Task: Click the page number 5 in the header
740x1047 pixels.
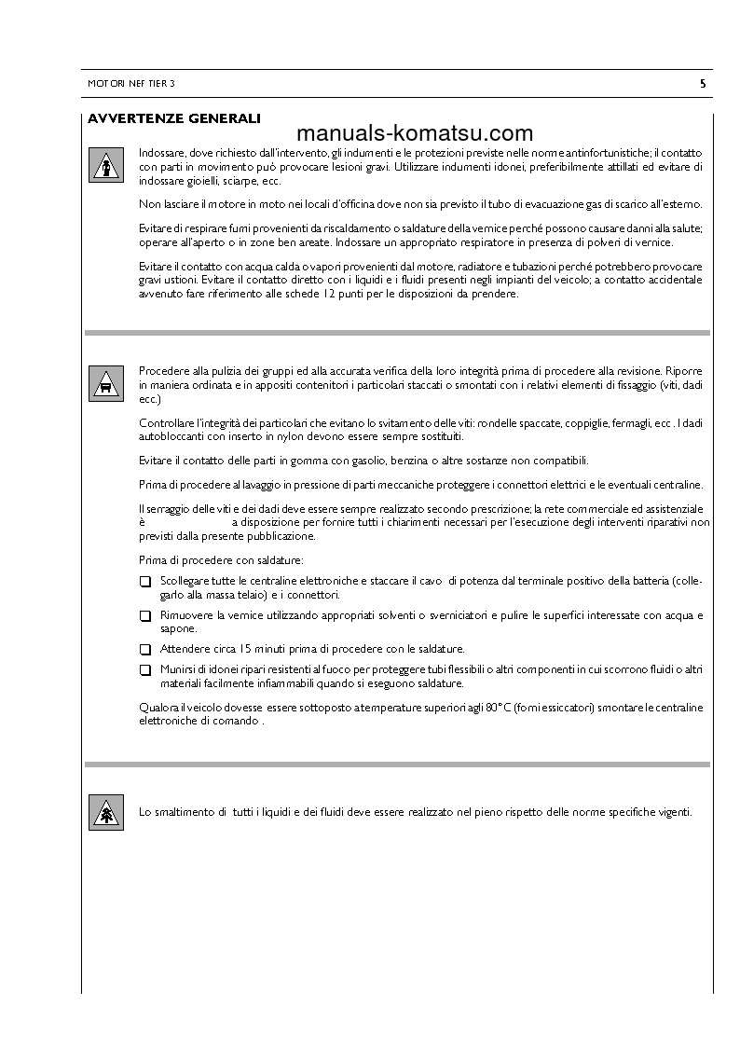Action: click(702, 84)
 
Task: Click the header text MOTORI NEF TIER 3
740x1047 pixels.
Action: click(130, 84)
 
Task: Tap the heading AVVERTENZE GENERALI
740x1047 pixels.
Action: click(173, 118)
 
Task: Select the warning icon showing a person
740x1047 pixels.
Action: click(106, 163)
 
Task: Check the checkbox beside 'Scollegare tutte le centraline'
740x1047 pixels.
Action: click(144, 581)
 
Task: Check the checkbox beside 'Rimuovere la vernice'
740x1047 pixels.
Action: click(144, 616)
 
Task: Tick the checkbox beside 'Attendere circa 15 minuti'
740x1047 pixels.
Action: click(144, 649)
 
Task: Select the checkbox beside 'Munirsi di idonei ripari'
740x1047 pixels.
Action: click(144, 669)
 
